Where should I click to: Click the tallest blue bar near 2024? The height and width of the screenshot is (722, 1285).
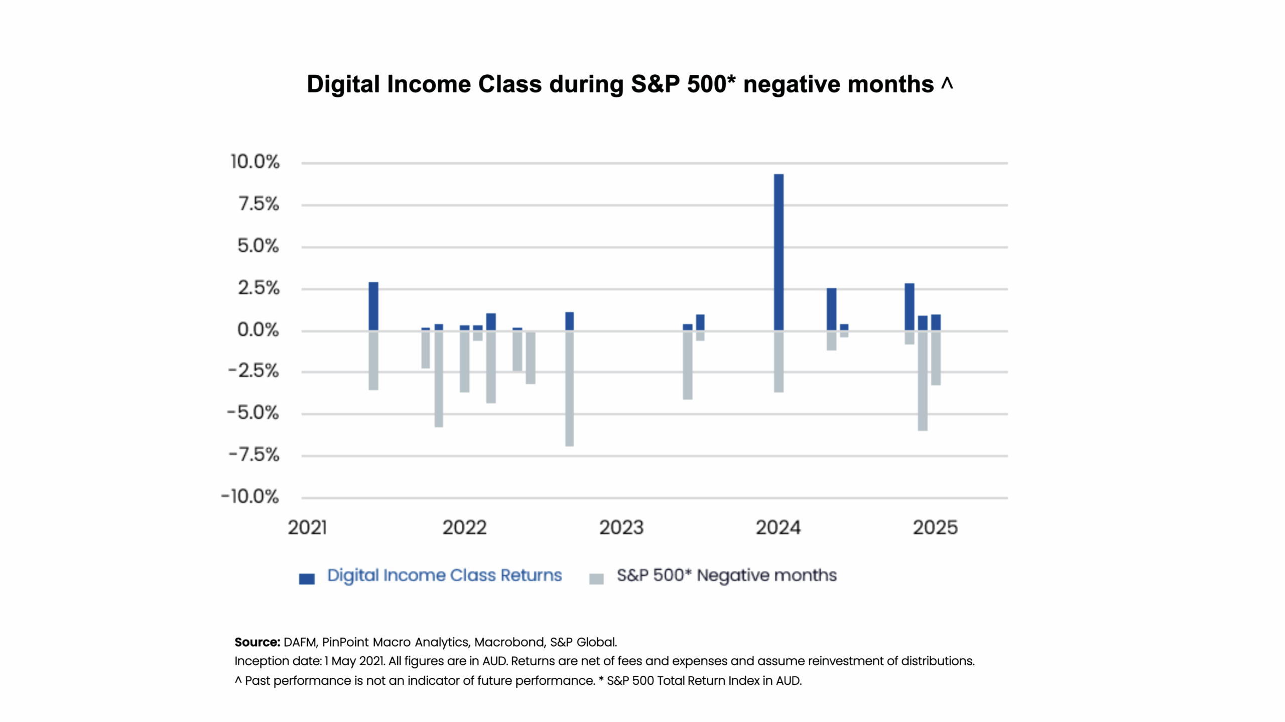coord(779,251)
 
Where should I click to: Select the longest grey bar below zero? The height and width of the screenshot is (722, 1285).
coord(569,388)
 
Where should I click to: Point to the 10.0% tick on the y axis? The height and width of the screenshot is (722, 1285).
coord(254,162)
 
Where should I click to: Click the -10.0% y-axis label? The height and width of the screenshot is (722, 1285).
coord(250,496)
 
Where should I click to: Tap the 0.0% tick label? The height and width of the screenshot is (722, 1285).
coord(258,330)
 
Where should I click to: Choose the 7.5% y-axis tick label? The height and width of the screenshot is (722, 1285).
coord(259,204)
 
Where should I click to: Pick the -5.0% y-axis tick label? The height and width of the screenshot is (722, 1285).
coord(252,412)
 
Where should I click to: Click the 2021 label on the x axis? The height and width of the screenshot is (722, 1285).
coord(307,528)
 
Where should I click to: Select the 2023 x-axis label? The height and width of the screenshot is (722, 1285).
coord(621,528)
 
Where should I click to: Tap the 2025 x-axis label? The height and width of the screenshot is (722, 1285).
coord(935,528)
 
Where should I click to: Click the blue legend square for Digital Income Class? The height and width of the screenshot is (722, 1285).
coord(307,579)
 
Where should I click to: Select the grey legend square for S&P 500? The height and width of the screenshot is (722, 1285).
coord(596,579)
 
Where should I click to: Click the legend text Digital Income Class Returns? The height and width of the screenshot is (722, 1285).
coord(444,575)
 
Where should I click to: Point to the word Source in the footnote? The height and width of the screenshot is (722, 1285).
coord(256,642)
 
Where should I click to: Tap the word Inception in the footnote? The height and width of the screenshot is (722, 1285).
coord(260,661)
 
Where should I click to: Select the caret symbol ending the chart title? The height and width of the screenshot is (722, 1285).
coord(947,82)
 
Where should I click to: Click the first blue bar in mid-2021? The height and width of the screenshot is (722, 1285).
coord(373,306)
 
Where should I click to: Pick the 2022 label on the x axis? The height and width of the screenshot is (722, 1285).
coord(464,528)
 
